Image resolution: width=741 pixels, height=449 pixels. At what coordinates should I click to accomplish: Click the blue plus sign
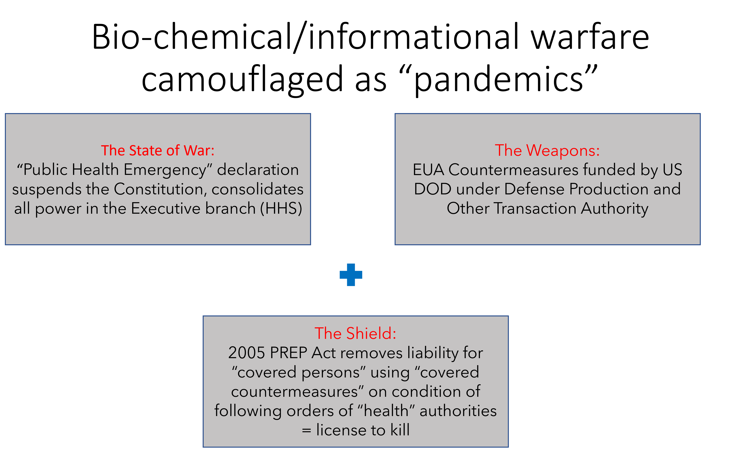tap(351, 275)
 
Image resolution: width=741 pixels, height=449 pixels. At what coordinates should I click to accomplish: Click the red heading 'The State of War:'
tap(158, 151)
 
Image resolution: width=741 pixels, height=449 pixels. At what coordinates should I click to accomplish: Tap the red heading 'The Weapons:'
tap(547, 151)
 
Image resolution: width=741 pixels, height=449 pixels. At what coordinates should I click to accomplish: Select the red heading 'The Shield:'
tap(355, 333)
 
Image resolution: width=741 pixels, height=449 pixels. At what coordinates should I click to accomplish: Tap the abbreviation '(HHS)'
tap(281, 208)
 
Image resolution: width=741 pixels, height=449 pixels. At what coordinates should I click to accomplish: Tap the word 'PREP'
tap(288, 353)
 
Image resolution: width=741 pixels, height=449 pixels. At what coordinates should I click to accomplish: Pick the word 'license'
tap(341, 430)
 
